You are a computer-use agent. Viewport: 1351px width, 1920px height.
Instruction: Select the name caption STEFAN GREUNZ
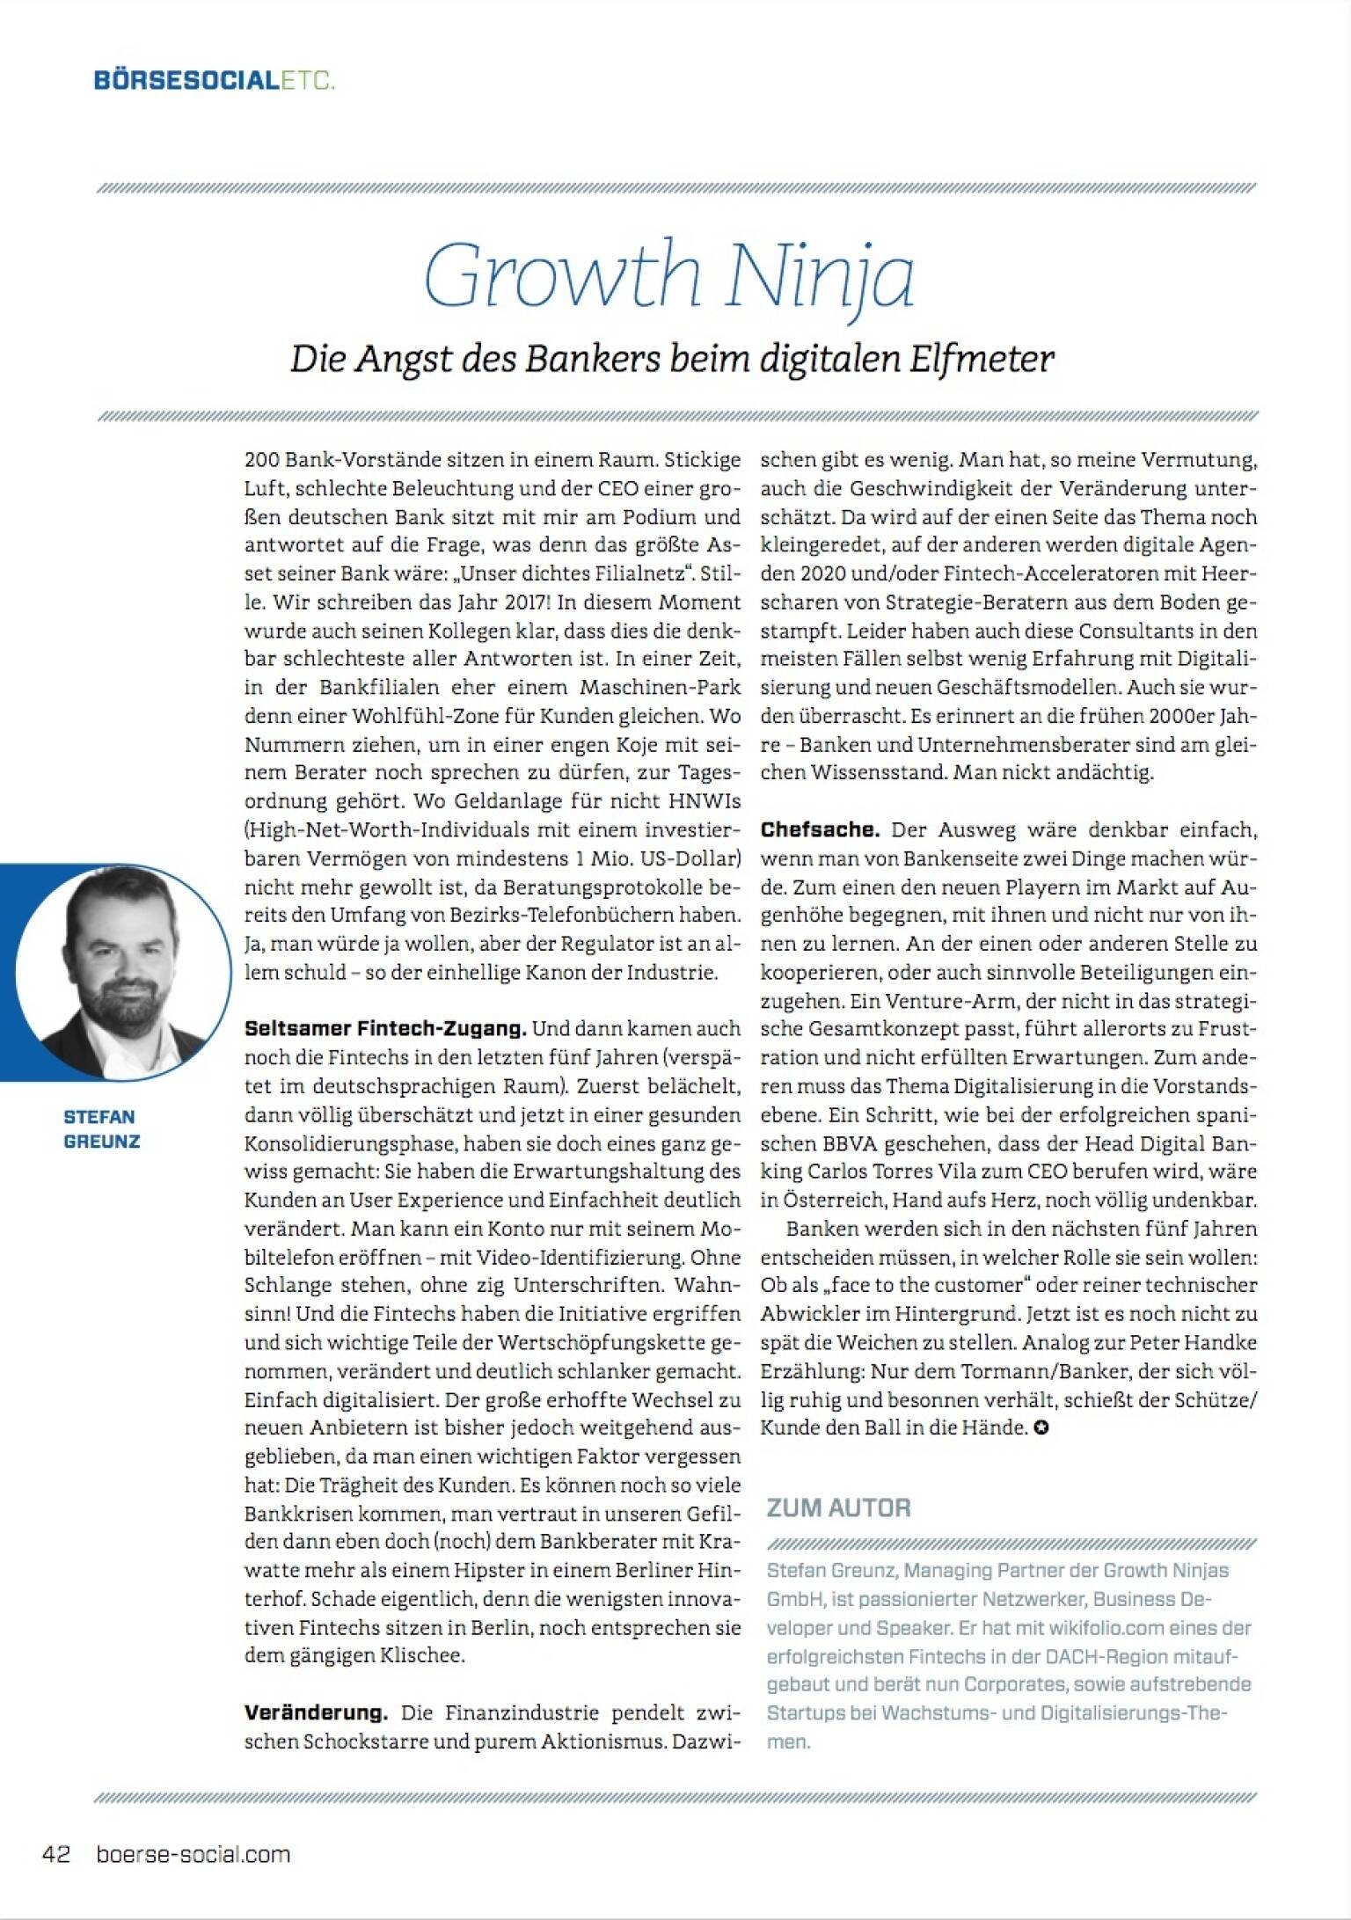[100, 1128]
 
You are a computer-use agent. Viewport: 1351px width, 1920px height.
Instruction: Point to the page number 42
[56, 1855]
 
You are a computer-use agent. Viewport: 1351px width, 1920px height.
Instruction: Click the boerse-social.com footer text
[193, 1855]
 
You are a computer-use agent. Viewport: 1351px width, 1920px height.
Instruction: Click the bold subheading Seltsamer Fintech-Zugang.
[385, 1027]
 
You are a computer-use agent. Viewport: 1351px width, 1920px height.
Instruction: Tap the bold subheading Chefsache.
[820, 829]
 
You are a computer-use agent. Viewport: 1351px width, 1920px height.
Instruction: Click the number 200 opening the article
[262, 460]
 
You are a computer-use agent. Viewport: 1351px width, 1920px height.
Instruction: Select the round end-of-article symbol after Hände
[1041, 1428]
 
